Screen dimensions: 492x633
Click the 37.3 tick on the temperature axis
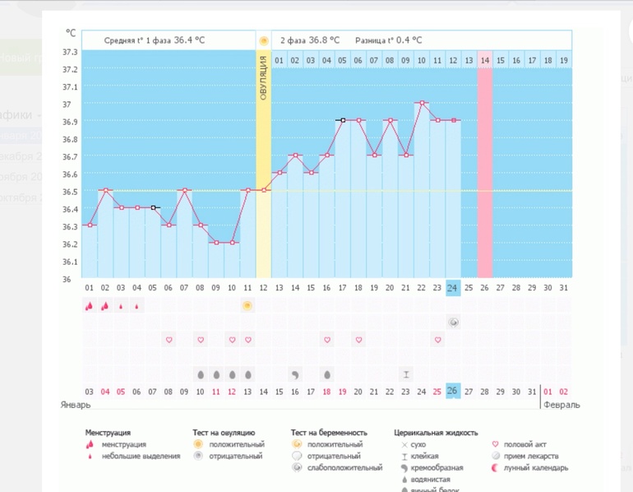[69, 52]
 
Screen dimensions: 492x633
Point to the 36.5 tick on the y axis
[69, 192]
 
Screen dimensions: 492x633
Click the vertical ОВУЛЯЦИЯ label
[263, 78]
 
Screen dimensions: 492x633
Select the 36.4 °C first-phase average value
[189, 39]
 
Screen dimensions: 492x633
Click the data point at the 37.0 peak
[422, 103]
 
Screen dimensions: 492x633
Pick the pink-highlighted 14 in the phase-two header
[485, 60]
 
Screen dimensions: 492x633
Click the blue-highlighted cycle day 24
[453, 287]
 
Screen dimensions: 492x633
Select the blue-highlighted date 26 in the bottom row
[453, 391]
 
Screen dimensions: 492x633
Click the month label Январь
[74, 406]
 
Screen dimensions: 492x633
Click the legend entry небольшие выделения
[141, 456]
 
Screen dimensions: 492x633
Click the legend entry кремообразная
[437, 467]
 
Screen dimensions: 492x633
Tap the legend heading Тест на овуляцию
[223, 433]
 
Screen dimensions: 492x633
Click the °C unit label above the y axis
[71, 33]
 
